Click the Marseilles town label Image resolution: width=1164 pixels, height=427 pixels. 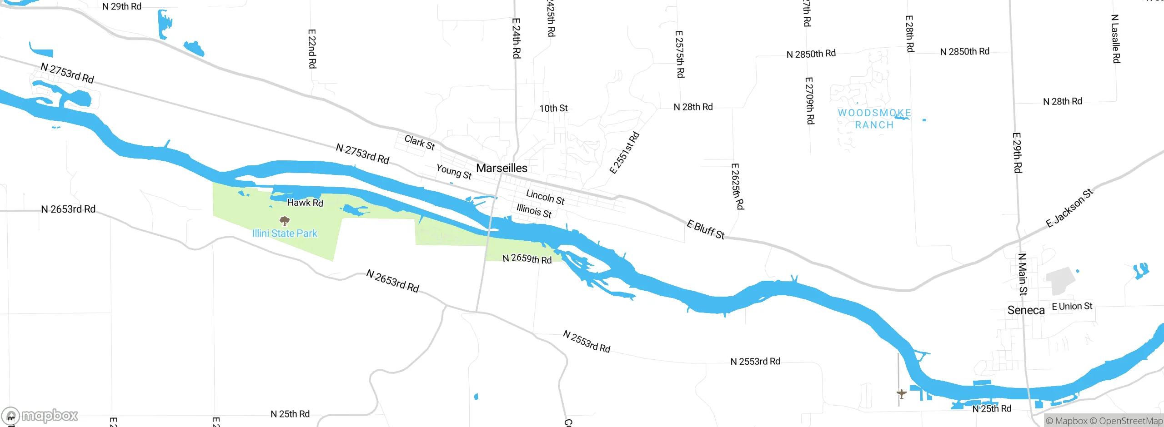502,168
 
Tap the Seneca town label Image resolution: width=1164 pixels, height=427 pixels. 1026,310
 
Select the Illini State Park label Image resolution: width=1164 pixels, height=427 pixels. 285,233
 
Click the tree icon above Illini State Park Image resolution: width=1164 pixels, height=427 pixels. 285,221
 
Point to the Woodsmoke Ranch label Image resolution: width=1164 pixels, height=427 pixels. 874,119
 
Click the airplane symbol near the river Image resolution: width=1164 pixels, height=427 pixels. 901,393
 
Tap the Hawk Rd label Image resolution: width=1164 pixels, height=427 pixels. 305,203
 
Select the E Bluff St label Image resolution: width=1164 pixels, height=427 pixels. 705,229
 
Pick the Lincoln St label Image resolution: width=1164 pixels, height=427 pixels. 545,197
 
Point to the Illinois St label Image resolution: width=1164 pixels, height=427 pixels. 534,211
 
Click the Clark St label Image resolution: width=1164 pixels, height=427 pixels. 419,143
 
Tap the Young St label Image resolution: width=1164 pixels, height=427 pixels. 454,171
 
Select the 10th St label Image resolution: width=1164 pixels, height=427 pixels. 553,108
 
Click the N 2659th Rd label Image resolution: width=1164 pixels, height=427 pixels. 527,259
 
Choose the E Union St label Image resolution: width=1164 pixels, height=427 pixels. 1072,307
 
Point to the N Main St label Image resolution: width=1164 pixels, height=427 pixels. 1022,274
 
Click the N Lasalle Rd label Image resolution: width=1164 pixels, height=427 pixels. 1115,39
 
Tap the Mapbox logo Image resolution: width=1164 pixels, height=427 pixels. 40,415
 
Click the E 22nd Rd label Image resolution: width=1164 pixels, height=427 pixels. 312,49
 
